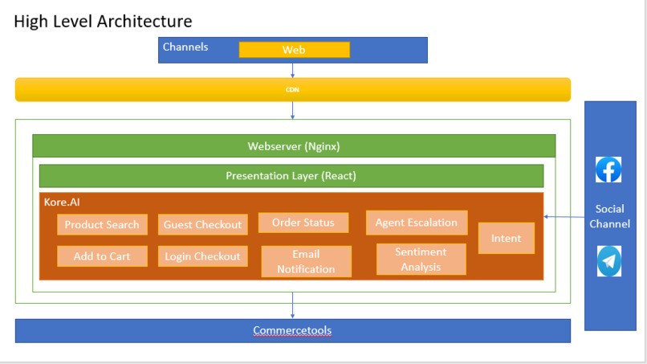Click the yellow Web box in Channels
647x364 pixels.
[x=295, y=50]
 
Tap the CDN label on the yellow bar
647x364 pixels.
[x=292, y=90]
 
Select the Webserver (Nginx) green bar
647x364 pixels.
[x=294, y=146]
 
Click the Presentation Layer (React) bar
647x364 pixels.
[x=291, y=176]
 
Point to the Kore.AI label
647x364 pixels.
[x=62, y=202]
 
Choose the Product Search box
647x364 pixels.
[x=102, y=224]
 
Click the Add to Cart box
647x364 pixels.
[x=102, y=256]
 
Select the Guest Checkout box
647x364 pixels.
[x=202, y=224]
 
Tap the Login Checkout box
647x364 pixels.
[x=202, y=256]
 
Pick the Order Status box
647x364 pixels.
[x=303, y=223]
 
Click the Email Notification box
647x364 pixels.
[x=306, y=261]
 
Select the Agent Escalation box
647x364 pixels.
[x=417, y=223]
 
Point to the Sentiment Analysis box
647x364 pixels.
[x=421, y=259]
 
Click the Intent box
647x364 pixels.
[x=507, y=238]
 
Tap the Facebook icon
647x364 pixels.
[x=608, y=170]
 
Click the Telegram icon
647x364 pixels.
[x=609, y=261]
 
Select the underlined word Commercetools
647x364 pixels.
[x=292, y=330]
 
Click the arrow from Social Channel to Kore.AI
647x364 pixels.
[x=564, y=216]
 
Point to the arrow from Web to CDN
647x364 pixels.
[x=292, y=70]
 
